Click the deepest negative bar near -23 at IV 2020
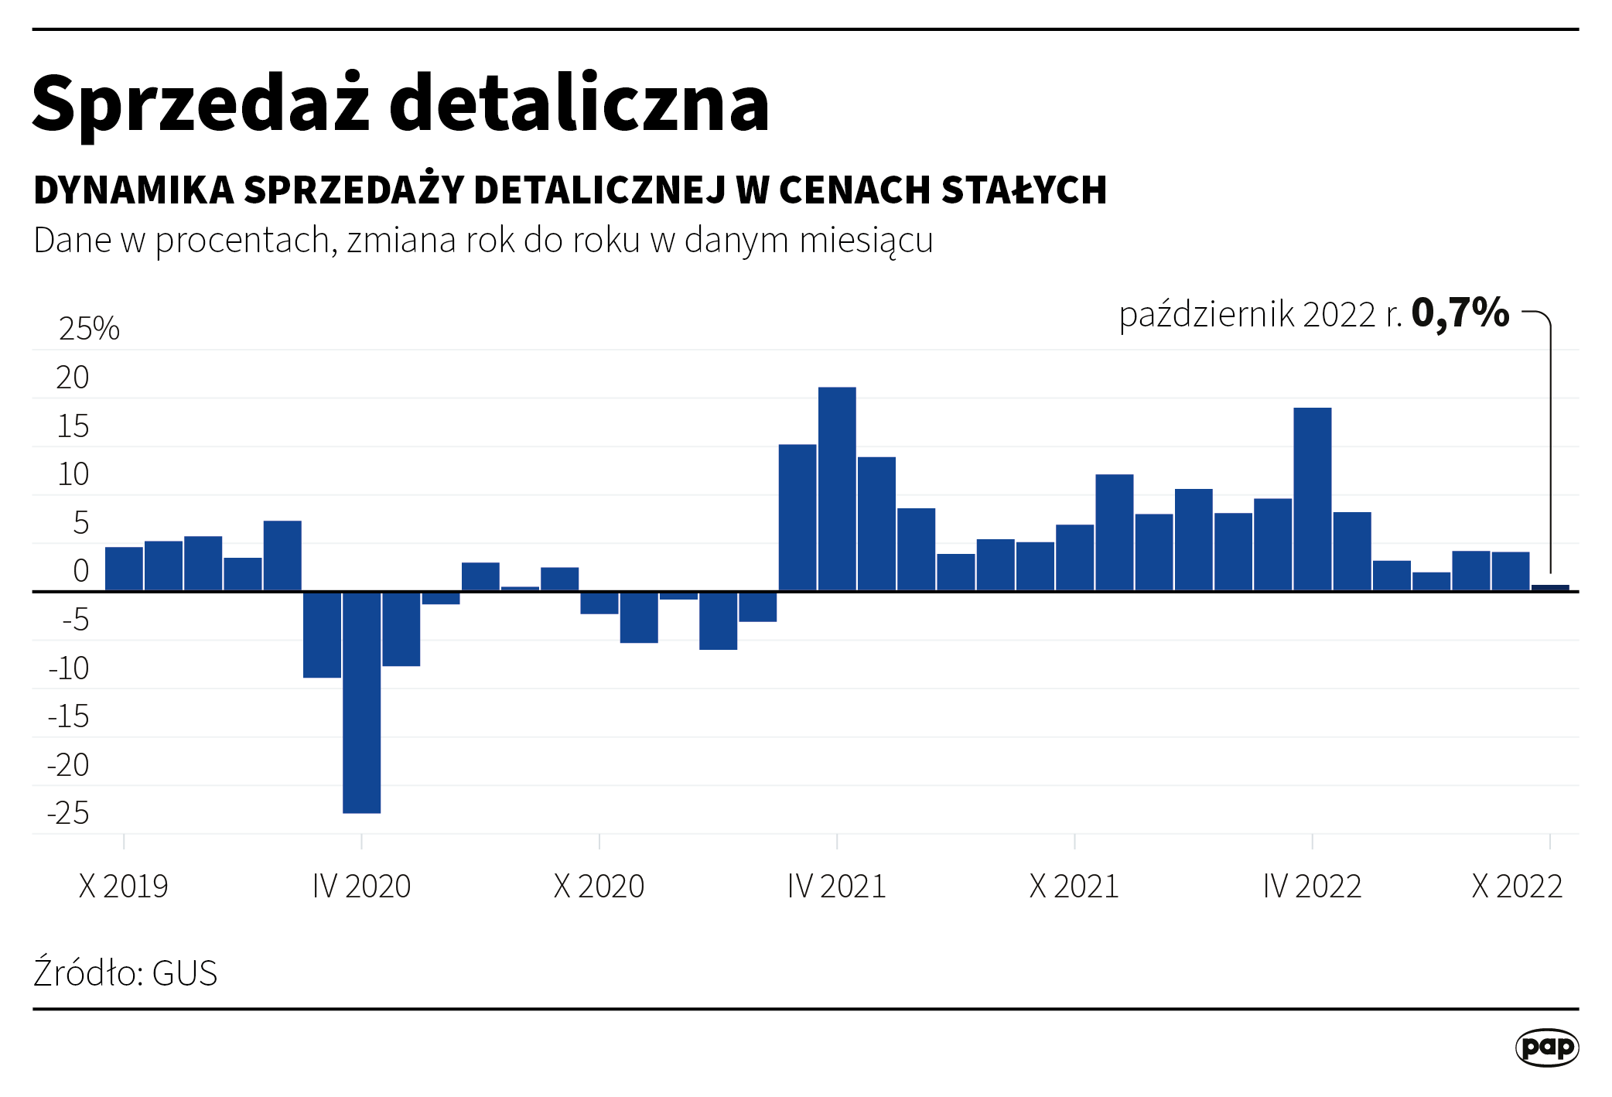point(361,702)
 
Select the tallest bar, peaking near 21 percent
point(837,489)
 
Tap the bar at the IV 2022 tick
point(1312,499)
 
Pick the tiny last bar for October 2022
point(1550,588)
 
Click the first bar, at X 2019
point(124,569)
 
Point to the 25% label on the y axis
point(89,329)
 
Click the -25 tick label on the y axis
point(69,813)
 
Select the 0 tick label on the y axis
point(80,571)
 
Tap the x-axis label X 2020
point(599,886)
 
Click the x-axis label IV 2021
point(836,886)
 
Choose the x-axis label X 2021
point(1074,886)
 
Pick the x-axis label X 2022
point(1516,886)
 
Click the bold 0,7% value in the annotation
point(1460,313)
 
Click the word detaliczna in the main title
point(579,103)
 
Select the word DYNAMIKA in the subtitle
point(134,190)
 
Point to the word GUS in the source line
point(185,973)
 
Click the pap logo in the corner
point(1546,1047)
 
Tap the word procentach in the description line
point(244,241)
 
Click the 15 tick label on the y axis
point(73,426)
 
